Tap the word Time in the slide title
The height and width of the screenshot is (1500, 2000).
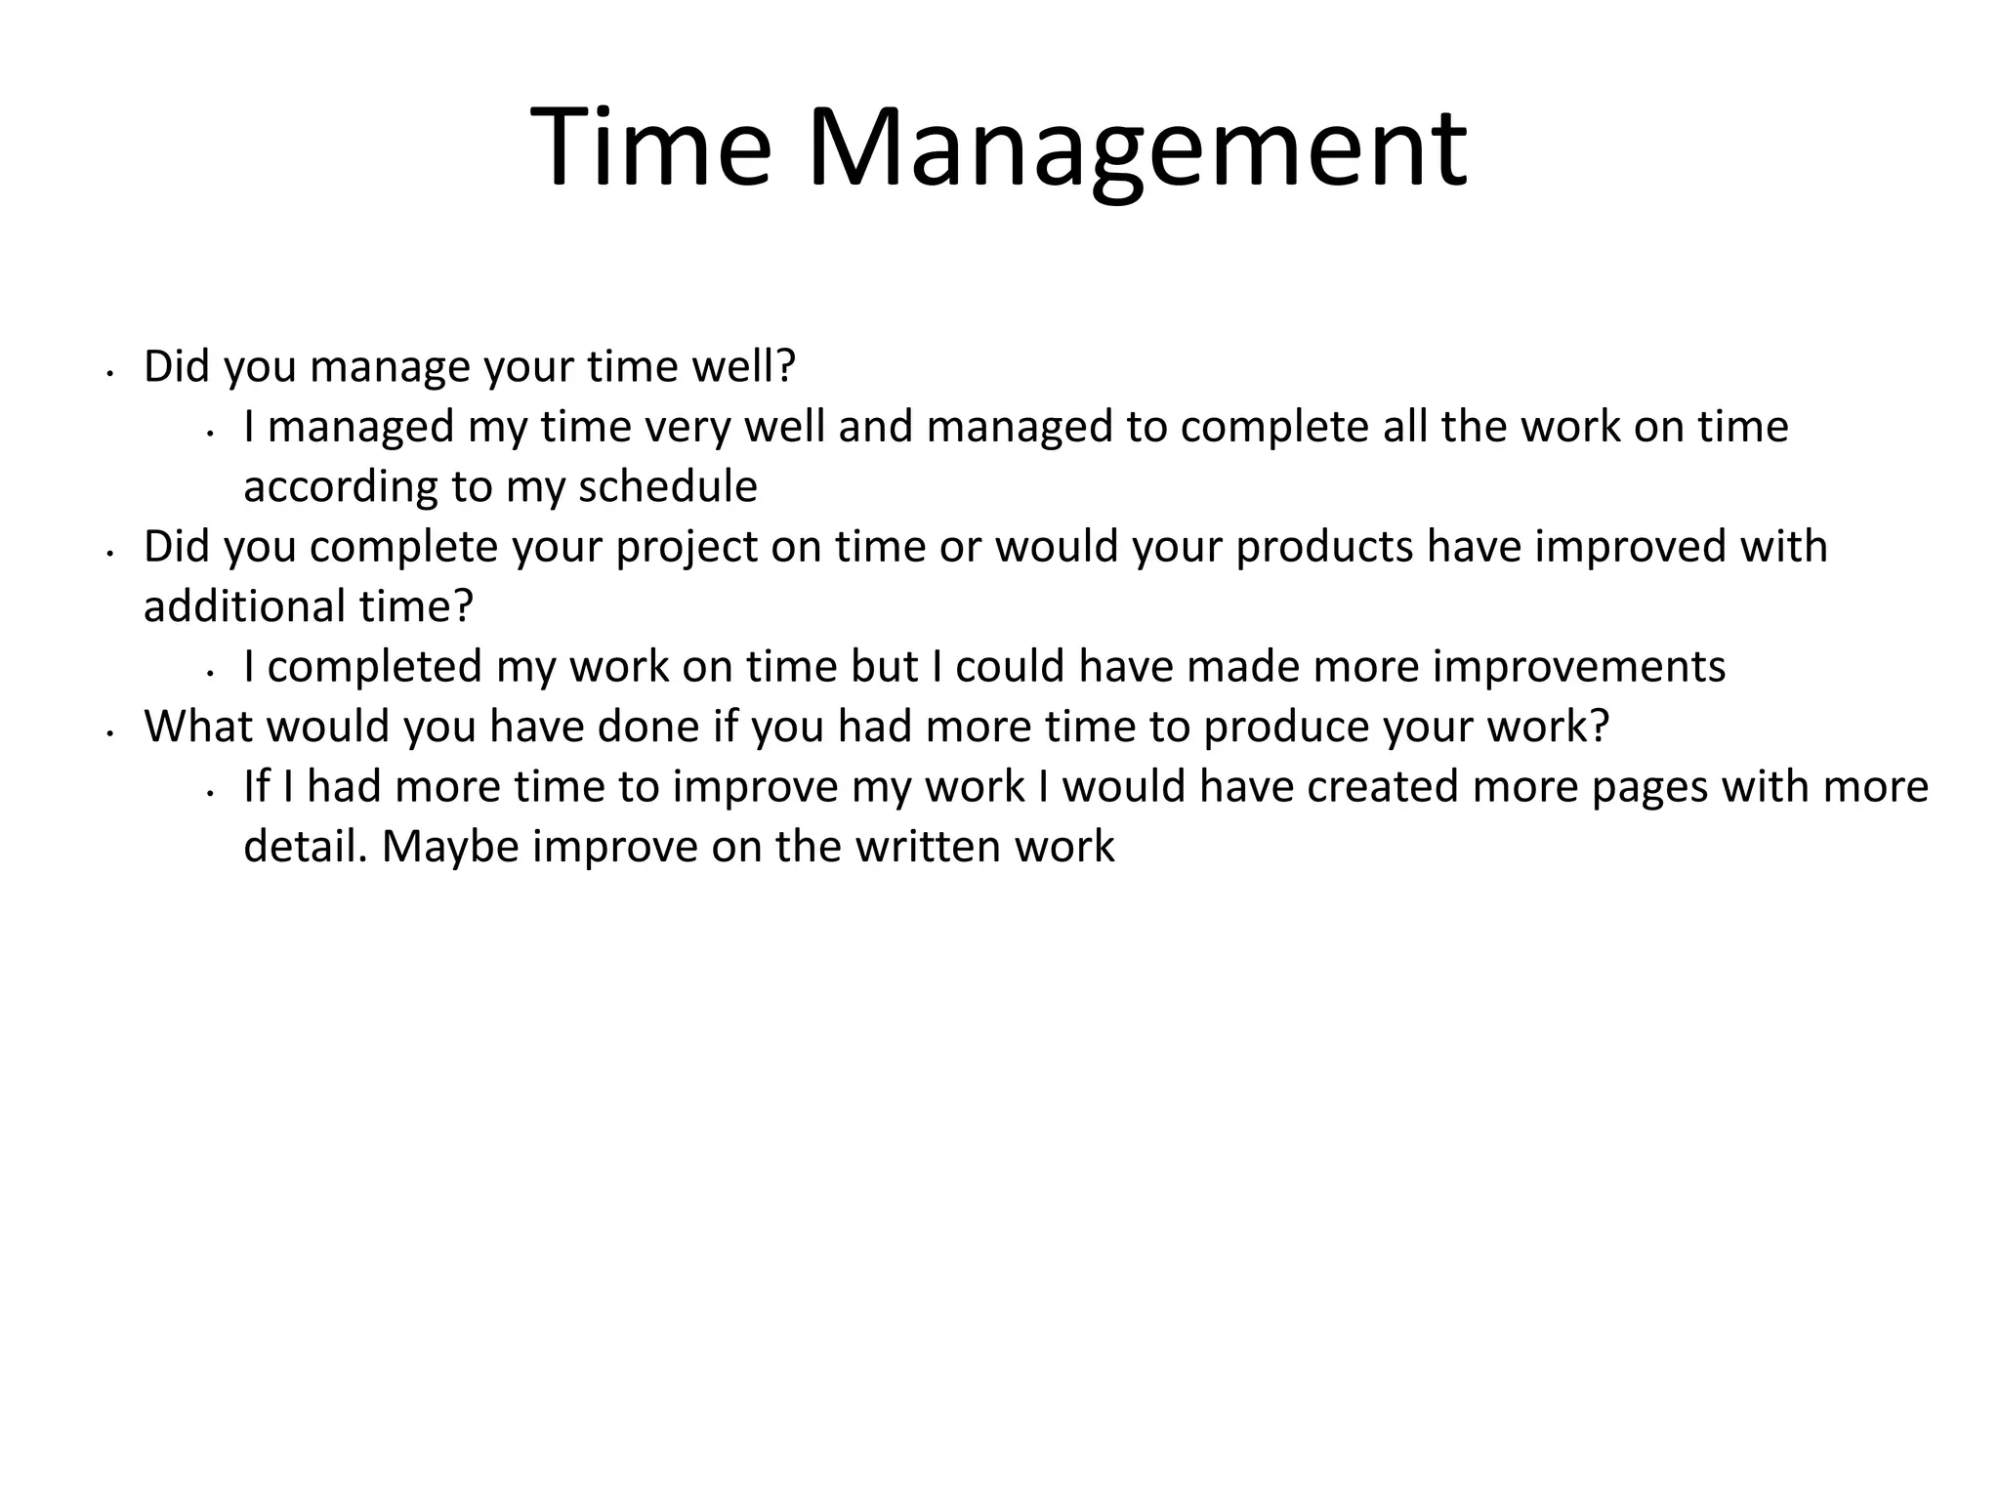[651, 148]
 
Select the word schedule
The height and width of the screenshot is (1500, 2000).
[668, 486]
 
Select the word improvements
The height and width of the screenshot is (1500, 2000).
[1579, 667]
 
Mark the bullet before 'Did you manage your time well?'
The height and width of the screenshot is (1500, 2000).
[111, 373]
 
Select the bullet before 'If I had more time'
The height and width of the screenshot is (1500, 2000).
[211, 793]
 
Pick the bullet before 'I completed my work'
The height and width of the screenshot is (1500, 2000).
[211, 673]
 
